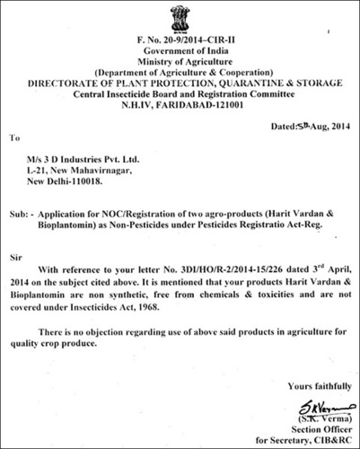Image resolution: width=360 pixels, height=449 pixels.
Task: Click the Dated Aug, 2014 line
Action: [x=306, y=128]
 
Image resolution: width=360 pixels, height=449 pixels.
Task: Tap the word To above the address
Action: [x=13, y=139]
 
